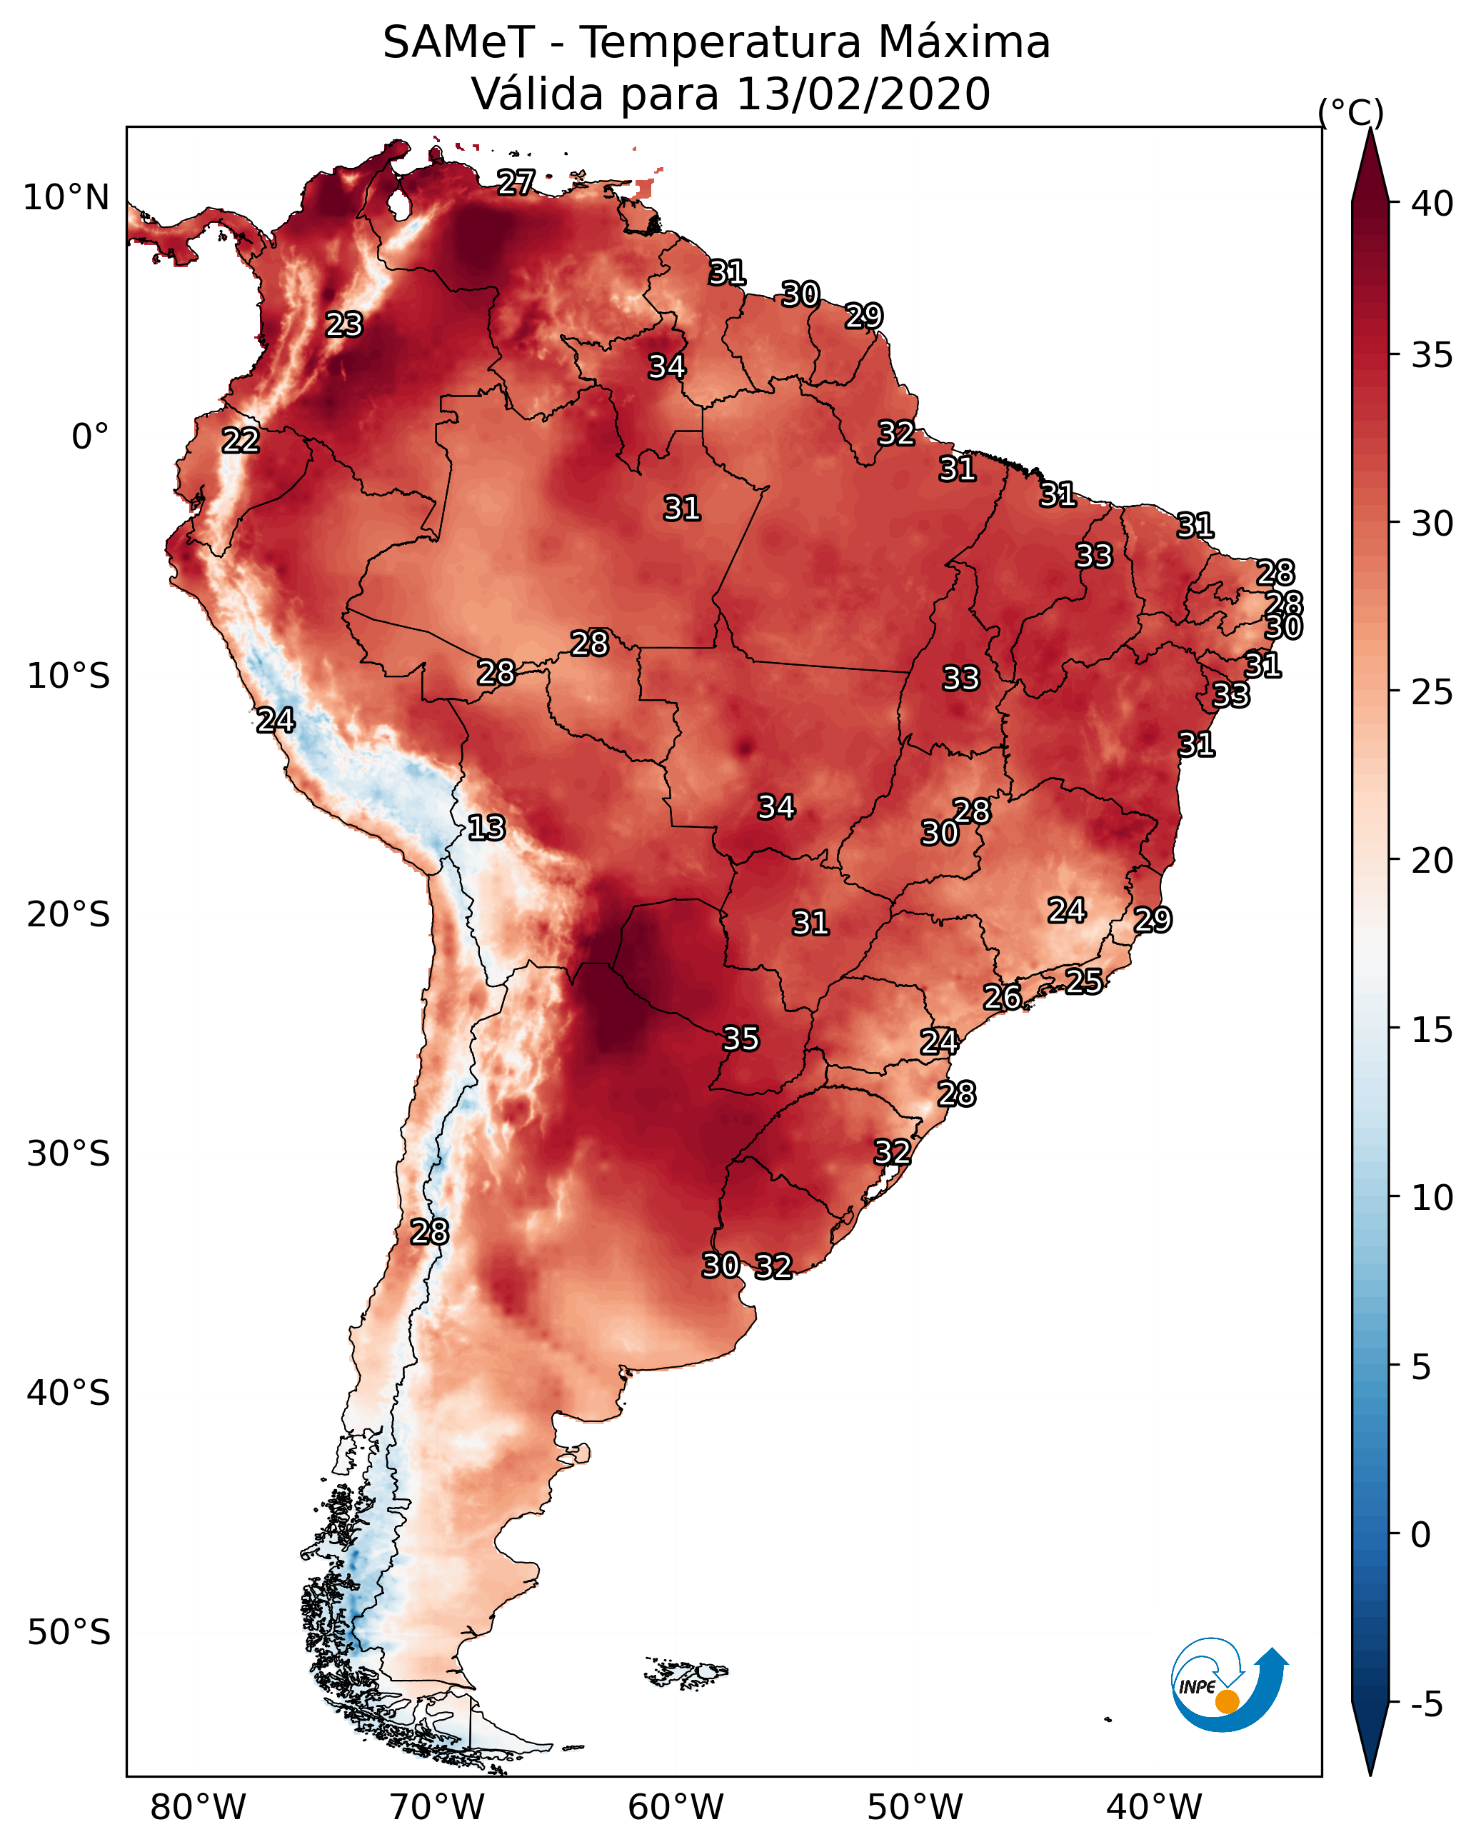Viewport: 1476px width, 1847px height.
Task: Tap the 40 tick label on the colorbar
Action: (1432, 204)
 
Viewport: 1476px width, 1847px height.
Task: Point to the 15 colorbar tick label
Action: (1432, 1030)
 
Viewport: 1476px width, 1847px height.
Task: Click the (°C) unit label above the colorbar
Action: (1351, 112)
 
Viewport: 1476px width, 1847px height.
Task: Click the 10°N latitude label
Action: (66, 198)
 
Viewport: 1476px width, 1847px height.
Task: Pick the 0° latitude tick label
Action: (91, 437)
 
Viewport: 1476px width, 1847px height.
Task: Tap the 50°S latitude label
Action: (69, 1633)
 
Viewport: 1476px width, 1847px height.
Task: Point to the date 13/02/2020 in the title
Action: (863, 94)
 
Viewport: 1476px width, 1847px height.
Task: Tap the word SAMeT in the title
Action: (458, 43)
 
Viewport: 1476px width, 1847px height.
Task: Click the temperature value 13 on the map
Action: (486, 829)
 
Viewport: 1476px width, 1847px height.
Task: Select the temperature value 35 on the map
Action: (741, 1039)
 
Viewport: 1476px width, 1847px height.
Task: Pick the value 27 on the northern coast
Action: (516, 182)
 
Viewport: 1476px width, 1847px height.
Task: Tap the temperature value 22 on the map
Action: (241, 441)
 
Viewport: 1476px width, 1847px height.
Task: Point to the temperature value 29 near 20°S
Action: (1153, 920)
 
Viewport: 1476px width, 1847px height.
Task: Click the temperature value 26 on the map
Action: (1003, 997)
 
